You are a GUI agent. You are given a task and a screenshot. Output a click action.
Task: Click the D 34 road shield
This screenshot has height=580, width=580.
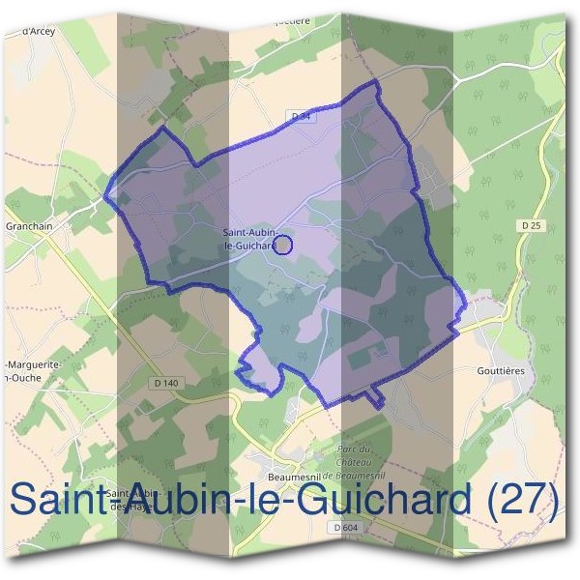[303, 116]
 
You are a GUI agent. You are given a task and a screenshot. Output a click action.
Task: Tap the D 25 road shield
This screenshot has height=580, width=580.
[528, 225]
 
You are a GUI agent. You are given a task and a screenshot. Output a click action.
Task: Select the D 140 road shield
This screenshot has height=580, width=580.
[166, 383]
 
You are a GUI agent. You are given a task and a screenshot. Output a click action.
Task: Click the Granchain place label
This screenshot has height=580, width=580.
[30, 227]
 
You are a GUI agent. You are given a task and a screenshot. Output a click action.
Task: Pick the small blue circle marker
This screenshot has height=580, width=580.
[283, 246]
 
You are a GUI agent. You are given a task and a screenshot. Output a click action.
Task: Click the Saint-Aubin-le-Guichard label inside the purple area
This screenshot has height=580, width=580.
[250, 239]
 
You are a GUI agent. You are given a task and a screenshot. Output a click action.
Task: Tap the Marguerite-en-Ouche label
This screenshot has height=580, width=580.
[34, 369]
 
